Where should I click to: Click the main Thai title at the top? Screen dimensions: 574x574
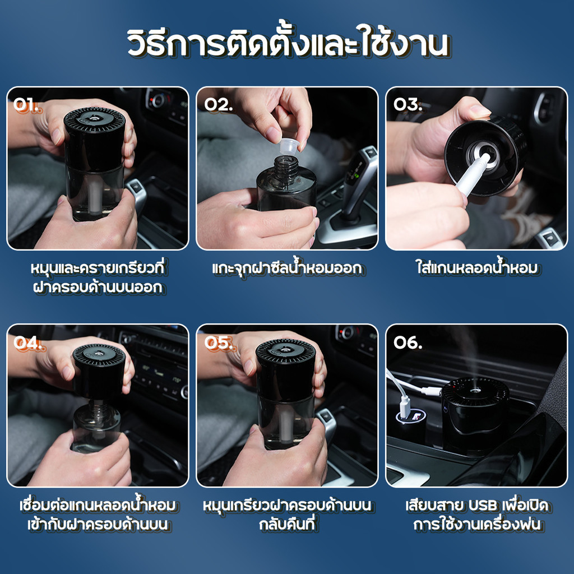(x=287, y=45)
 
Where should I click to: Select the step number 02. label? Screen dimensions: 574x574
(x=218, y=105)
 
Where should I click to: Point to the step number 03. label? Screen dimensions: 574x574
(x=408, y=105)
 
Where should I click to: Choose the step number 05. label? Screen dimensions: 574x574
(x=218, y=343)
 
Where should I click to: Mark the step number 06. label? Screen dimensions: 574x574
(x=408, y=343)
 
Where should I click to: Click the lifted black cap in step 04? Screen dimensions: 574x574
(x=99, y=370)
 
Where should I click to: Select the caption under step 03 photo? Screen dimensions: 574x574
(x=476, y=269)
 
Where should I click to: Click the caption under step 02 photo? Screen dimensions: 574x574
(x=286, y=269)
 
